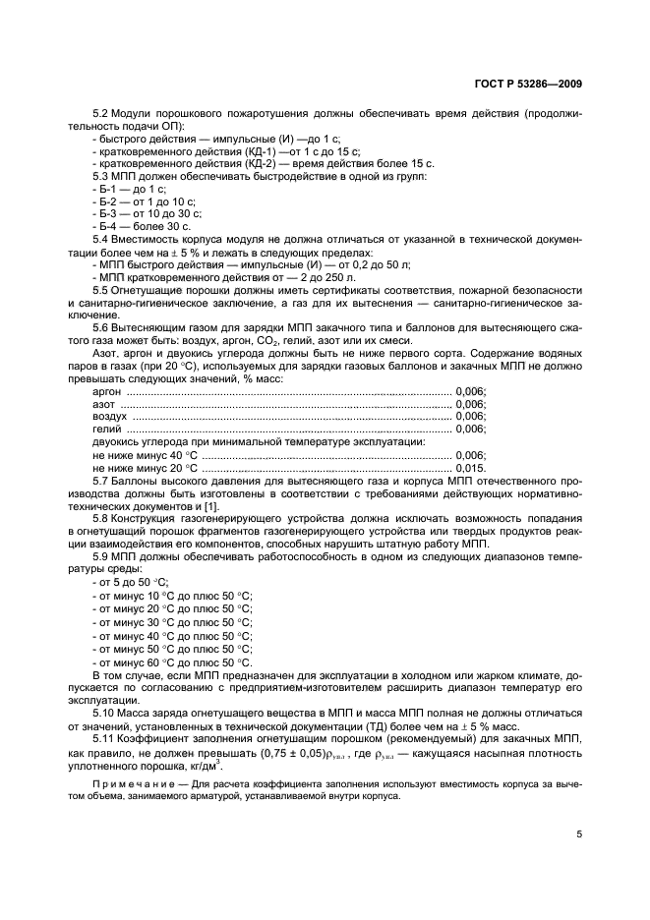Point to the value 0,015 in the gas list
(x=469, y=467)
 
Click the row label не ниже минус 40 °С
(x=145, y=455)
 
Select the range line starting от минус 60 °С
(x=172, y=663)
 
